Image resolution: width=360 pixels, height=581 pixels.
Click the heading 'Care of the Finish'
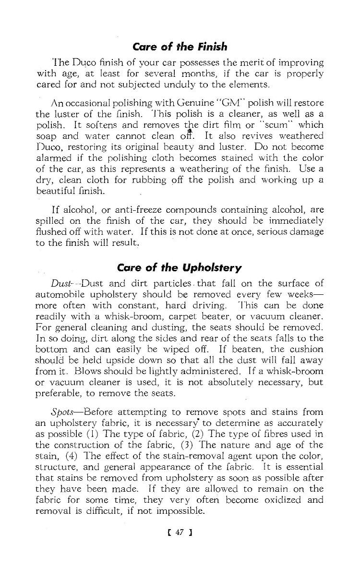point(180,47)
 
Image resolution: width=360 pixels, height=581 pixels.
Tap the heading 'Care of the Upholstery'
point(180,267)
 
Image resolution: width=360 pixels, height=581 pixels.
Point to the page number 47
point(180,532)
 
